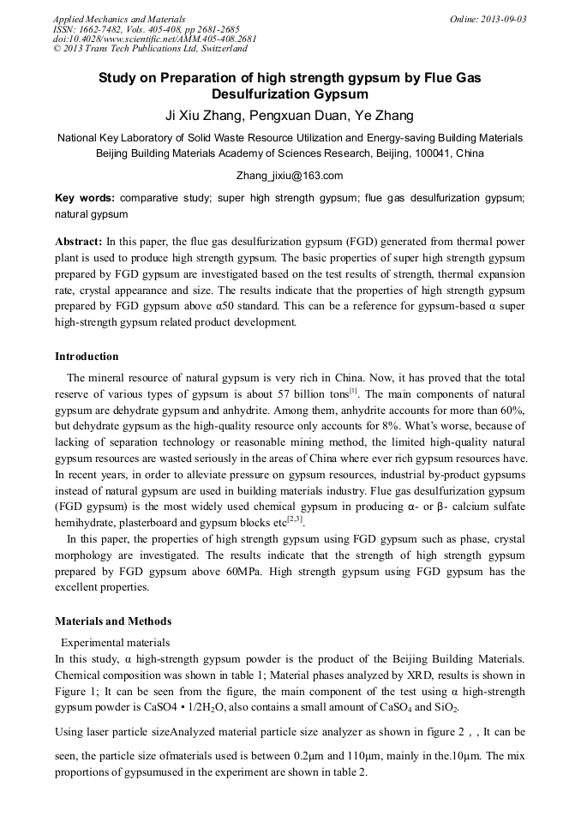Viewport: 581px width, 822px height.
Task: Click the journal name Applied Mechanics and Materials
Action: (119, 19)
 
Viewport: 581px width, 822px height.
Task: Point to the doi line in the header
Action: (154, 39)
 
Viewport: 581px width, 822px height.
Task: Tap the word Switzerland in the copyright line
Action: (219, 49)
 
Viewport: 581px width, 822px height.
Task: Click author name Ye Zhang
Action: (384, 115)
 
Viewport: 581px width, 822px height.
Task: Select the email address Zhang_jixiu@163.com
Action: (290, 175)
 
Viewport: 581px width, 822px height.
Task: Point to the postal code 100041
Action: (433, 153)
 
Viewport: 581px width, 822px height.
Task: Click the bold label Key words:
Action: (85, 197)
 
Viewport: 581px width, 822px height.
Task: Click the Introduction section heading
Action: (87, 357)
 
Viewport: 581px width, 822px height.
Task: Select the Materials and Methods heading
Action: (113, 621)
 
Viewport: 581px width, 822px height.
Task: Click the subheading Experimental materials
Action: (115, 642)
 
